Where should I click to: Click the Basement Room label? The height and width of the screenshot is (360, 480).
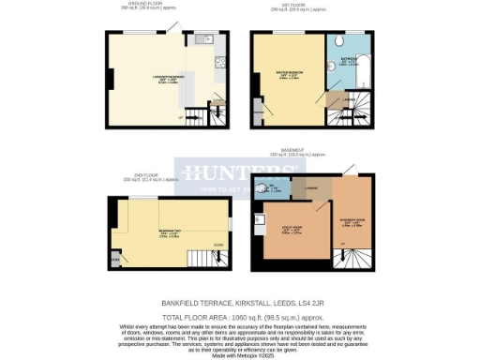pyautogui.click(x=352, y=223)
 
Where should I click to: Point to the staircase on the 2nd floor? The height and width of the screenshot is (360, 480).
pyautogui.click(x=207, y=259)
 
